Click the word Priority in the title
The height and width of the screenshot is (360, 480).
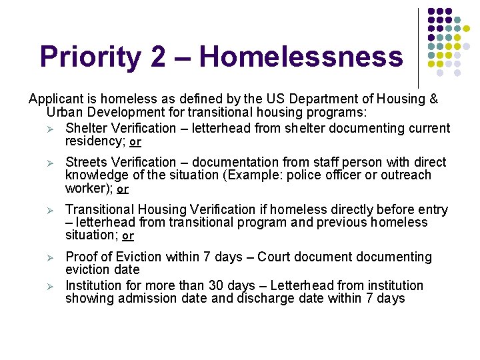[89, 57]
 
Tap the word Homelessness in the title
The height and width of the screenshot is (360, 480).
[301, 57]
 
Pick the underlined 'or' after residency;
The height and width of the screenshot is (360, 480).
[135, 142]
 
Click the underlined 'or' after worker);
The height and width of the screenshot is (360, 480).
[123, 189]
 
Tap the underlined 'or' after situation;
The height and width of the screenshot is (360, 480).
[128, 236]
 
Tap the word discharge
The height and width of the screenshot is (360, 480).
[266, 299]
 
